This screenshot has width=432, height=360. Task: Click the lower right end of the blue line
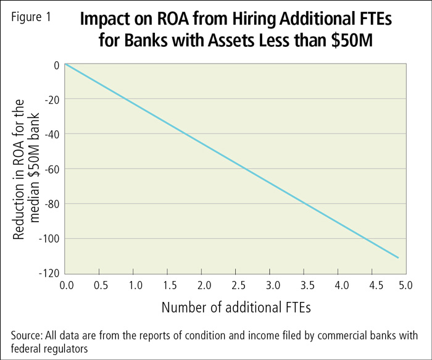coord(399,257)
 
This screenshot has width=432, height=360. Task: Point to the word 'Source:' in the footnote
coord(28,335)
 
